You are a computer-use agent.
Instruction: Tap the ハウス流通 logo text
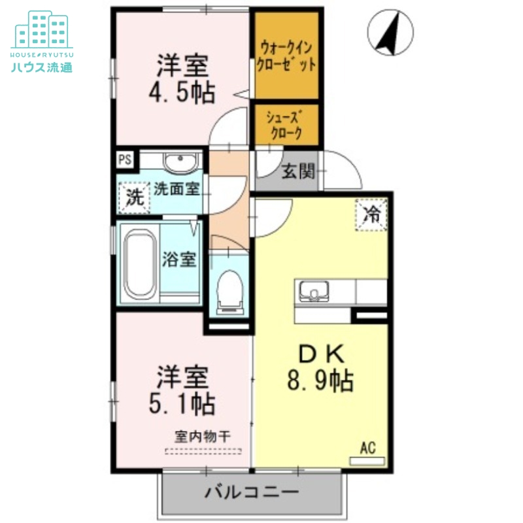click(41, 66)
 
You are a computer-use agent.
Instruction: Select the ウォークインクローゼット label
click(288, 56)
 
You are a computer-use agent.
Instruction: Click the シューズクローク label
click(286, 125)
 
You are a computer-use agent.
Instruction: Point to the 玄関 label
click(298, 172)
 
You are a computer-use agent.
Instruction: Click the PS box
click(124, 159)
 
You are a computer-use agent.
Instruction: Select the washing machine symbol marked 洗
click(134, 197)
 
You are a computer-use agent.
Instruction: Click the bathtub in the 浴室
click(139, 261)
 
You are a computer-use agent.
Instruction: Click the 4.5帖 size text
click(181, 93)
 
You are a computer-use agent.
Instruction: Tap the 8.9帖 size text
click(320, 379)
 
